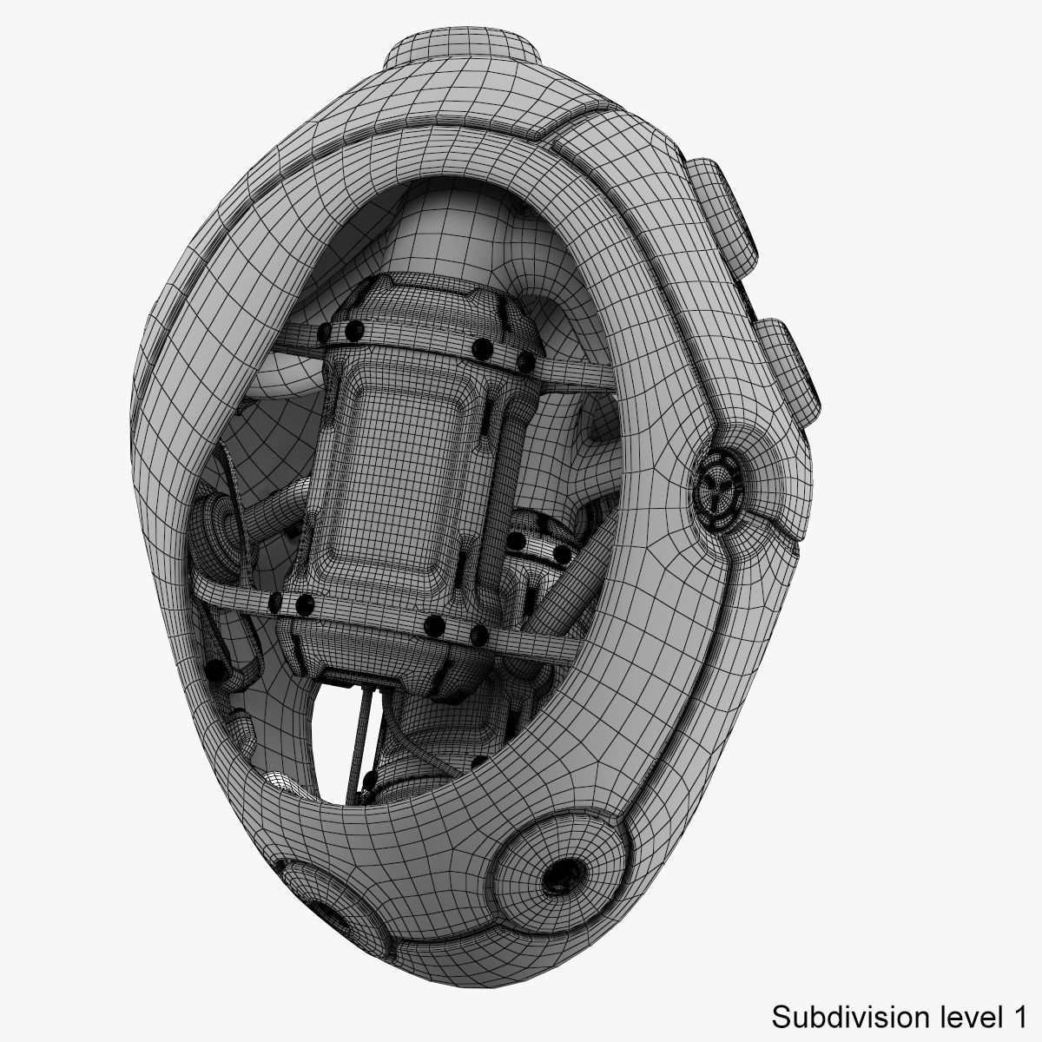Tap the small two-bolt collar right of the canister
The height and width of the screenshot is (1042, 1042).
538,547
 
